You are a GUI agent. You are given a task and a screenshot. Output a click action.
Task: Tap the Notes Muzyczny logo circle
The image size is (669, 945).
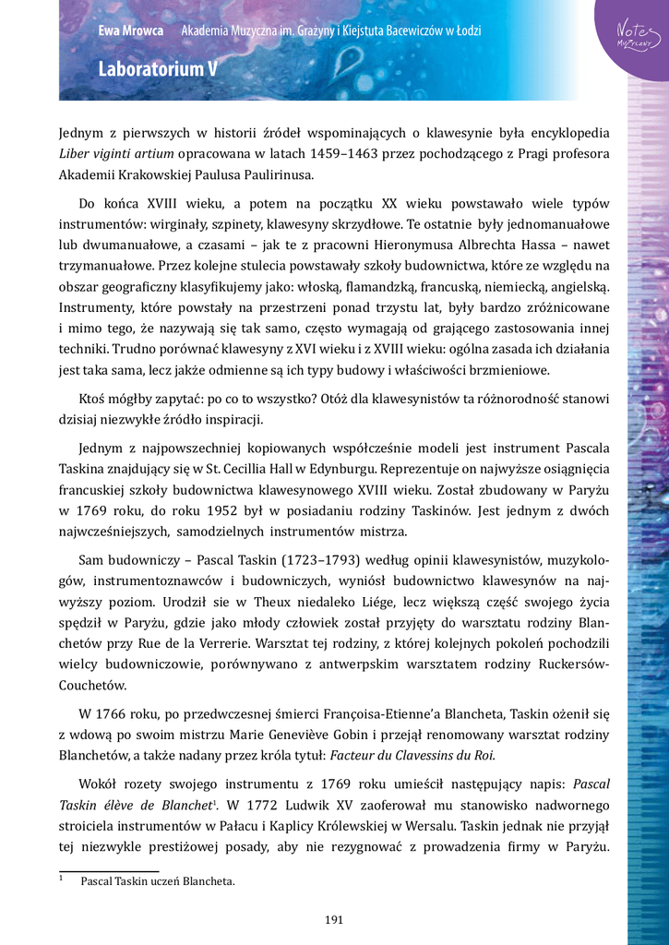(x=635, y=36)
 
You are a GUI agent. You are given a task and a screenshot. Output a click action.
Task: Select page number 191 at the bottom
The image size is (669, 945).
(x=334, y=919)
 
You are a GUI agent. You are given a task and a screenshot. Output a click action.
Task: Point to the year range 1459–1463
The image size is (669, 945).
(x=288, y=153)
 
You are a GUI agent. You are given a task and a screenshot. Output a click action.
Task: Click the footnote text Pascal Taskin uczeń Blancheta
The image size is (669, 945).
(x=157, y=881)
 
